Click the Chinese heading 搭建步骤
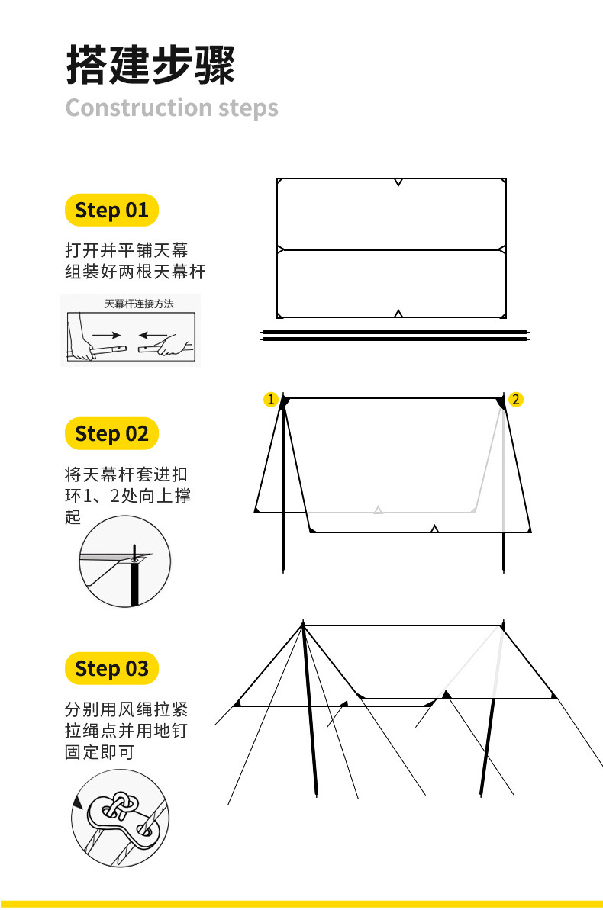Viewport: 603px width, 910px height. (150, 65)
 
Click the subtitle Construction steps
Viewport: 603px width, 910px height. (172, 108)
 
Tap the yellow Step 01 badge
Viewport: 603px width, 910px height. (111, 210)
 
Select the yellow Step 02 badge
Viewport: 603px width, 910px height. (111, 433)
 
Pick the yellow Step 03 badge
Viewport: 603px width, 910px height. (111, 668)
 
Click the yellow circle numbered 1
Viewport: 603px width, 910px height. (271, 399)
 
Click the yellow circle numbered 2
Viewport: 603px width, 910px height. (515, 399)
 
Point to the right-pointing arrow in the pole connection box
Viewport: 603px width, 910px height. (106, 335)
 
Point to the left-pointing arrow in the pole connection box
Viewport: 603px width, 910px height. (152, 335)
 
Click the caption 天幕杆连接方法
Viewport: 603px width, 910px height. (139, 304)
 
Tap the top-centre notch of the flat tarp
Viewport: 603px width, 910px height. (398, 182)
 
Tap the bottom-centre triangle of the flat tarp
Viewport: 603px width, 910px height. (398, 314)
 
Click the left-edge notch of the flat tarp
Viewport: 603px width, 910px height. (281, 249)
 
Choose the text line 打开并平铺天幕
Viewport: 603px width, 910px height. (127, 250)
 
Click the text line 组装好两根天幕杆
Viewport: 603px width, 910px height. (135, 272)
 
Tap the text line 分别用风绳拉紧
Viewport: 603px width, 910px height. (127, 709)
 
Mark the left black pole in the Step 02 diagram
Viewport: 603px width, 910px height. (283, 484)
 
